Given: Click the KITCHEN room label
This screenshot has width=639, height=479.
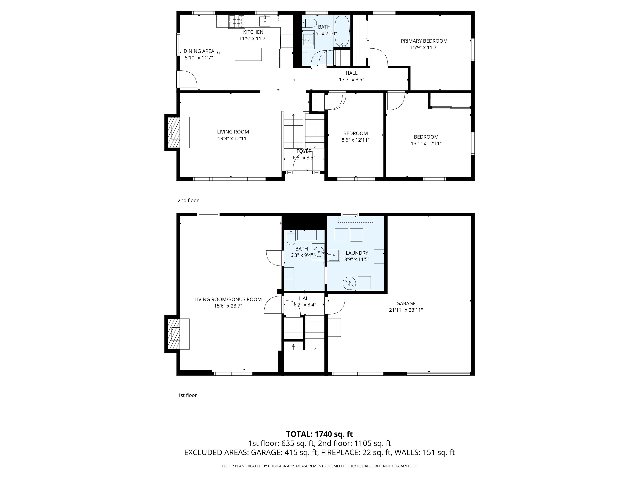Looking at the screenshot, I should click(253, 32).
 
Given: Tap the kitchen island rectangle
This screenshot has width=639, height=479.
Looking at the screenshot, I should click(248, 54).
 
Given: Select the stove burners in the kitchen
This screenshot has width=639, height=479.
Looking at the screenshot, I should click(237, 22).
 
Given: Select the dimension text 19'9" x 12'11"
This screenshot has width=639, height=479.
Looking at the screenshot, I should click(233, 139).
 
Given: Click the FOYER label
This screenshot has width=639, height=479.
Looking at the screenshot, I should click(304, 151).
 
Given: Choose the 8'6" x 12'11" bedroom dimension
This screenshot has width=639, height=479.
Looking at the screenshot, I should click(355, 140).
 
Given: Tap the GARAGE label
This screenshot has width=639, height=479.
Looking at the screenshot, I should click(406, 304).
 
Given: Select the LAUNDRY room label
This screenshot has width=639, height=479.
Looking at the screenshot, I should click(357, 253).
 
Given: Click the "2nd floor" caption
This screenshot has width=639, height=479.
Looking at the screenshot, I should click(188, 200).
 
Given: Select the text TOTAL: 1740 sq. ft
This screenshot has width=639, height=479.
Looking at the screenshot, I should click(319, 434).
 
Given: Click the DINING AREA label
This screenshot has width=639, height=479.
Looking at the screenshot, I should click(199, 51).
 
